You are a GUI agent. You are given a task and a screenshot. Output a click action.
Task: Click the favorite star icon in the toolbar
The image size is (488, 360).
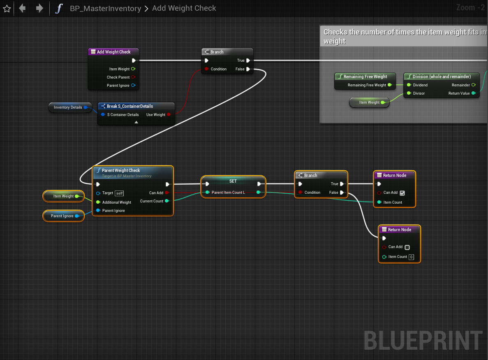tap(7, 8)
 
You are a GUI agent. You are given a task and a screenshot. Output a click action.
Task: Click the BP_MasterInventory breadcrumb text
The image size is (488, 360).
tap(105, 8)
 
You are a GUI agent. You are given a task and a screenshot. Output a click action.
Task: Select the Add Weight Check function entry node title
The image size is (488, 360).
tap(113, 52)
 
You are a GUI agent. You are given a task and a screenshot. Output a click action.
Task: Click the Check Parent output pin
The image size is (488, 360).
tap(133, 77)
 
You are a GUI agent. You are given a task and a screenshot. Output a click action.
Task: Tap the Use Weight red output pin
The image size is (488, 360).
tap(169, 115)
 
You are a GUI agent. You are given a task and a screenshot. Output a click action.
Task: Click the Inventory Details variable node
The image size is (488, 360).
tap(68, 107)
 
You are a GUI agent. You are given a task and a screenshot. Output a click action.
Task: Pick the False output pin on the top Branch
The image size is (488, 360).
tap(248, 69)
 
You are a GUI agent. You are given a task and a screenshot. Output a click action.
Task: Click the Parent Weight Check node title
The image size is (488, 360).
tap(121, 170)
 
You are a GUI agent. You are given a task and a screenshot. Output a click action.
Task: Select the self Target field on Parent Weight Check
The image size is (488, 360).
tap(119, 193)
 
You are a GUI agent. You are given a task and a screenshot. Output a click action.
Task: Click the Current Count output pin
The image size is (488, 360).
tap(167, 201)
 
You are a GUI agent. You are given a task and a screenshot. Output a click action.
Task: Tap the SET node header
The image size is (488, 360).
tap(233, 181)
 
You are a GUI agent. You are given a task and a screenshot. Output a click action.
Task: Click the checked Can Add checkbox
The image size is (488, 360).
tap(402, 193)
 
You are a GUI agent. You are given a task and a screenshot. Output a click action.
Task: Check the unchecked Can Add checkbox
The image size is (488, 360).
tap(407, 247)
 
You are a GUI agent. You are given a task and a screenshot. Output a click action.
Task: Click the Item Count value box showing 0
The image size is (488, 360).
tap(411, 257)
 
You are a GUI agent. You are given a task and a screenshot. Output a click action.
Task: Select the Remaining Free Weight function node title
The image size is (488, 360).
tap(365, 77)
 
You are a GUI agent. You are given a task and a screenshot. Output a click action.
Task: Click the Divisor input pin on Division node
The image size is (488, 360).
tap(409, 93)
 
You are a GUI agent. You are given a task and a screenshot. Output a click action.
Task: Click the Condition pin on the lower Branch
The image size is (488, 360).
tap(301, 193)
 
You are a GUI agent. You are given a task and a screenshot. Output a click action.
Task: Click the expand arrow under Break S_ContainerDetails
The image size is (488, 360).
tap(136, 122)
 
